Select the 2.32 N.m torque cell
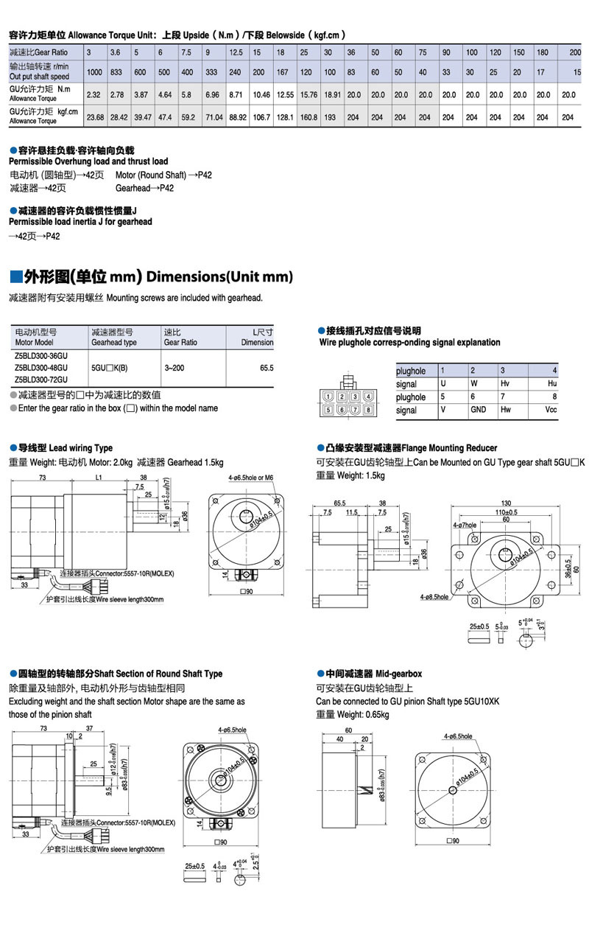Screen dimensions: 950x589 coord(94,95)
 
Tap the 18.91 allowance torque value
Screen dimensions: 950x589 coord(333,95)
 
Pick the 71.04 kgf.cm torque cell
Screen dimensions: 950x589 coord(214,117)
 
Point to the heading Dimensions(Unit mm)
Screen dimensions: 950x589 coord(220,277)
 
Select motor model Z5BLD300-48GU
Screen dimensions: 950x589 coord(41,367)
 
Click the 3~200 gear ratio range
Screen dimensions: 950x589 coord(174,367)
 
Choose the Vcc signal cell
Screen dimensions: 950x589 coord(551,410)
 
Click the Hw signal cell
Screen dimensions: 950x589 coord(506,410)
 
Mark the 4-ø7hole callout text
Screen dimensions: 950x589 coord(465,525)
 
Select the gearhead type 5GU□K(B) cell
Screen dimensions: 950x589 coord(109,367)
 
